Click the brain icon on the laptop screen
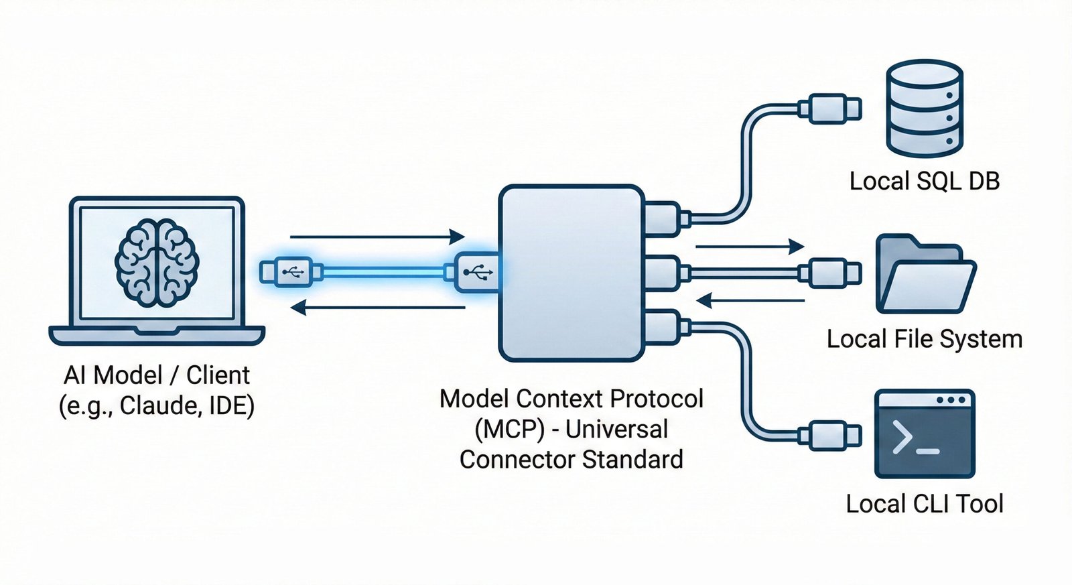(x=157, y=263)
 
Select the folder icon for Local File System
(x=925, y=275)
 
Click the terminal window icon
(x=924, y=434)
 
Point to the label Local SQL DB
(x=924, y=181)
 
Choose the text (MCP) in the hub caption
(x=509, y=429)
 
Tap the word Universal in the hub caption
(x=616, y=429)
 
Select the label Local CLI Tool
(x=924, y=504)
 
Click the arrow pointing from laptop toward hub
(x=377, y=237)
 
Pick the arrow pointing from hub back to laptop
(x=377, y=308)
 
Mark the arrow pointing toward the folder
(x=750, y=246)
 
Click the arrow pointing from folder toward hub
(x=750, y=300)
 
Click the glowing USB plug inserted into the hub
(x=476, y=272)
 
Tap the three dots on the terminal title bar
(x=951, y=400)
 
